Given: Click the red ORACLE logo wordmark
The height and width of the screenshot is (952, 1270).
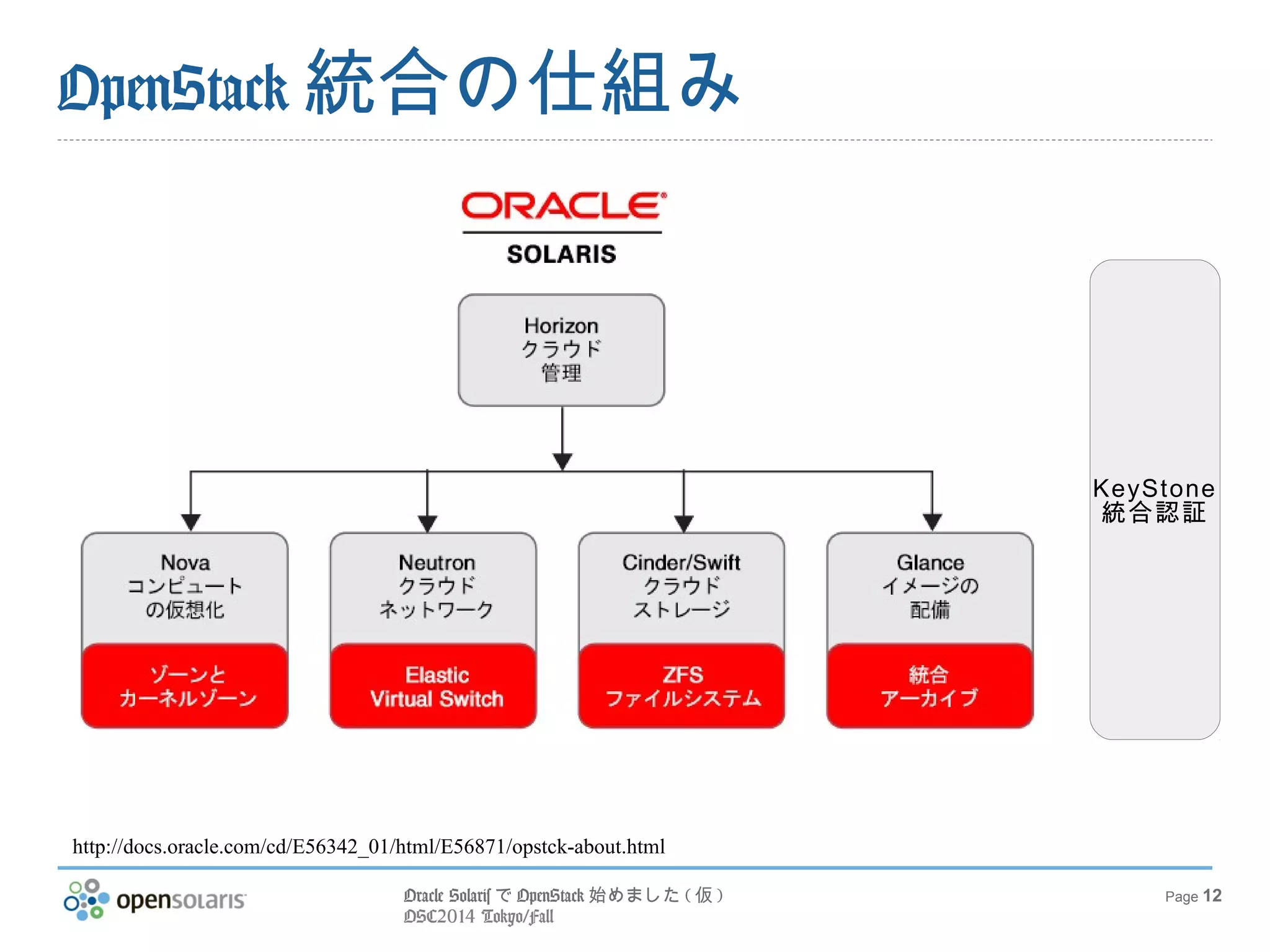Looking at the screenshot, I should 563,206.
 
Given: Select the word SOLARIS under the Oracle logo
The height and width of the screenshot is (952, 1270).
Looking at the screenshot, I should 562,254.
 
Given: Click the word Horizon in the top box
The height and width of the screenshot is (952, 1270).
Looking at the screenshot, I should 561,326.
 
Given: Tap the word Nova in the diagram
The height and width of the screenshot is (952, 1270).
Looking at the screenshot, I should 185,563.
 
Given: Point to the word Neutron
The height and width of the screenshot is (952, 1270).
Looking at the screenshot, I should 437,563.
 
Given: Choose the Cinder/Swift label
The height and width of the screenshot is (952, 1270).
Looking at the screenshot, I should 681,563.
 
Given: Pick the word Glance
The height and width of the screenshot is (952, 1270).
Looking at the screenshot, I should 930,563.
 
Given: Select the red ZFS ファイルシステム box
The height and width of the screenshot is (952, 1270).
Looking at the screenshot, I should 682,686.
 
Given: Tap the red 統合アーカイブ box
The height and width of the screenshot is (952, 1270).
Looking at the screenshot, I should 930,686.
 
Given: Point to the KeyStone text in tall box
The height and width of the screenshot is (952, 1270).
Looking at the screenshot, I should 1154,488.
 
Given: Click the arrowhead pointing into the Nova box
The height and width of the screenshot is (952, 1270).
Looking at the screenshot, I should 190,522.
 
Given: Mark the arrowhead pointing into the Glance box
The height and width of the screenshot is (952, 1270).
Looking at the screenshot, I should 932,522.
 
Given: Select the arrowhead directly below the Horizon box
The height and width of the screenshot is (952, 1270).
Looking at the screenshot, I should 562,461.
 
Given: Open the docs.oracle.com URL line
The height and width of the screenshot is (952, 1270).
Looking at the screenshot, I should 368,847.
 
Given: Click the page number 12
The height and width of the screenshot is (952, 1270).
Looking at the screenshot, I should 1212,896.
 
